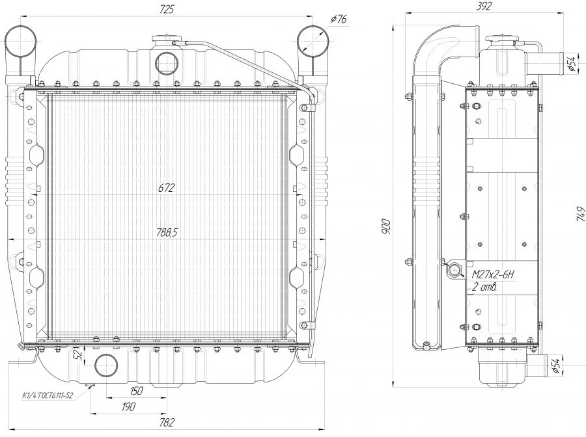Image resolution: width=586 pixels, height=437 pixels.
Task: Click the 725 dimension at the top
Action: (x=166, y=9)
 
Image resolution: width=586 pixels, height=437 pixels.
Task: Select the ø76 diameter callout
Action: (x=339, y=19)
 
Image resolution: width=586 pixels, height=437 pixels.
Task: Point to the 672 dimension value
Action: (x=166, y=188)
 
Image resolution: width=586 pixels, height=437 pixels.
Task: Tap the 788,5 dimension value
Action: (x=167, y=233)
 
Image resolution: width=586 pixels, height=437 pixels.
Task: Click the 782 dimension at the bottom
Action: (x=167, y=423)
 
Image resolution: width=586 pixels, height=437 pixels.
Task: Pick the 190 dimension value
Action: (x=128, y=406)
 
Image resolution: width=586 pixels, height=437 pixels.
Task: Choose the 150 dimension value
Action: (x=136, y=391)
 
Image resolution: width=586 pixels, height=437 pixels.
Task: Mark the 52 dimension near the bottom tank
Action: (x=79, y=354)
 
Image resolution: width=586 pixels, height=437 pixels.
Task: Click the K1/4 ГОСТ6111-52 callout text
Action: (x=48, y=395)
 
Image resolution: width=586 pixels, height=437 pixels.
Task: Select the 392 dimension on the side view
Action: (x=484, y=7)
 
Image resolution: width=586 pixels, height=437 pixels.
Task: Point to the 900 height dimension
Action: (x=386, y=226)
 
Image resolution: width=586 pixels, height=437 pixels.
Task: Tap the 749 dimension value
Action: (x=580, y=214)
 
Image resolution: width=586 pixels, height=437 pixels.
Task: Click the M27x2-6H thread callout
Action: (x=493, y=275)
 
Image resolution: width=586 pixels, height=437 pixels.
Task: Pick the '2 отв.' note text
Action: (x=484, y=287)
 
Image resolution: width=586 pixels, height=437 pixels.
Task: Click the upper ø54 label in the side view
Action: (x=570, y=64)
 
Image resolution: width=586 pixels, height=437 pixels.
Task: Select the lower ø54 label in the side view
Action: (x=556, y=365)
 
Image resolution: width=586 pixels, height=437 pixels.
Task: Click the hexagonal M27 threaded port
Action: (x=454, y=269)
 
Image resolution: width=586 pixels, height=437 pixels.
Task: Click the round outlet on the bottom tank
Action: (x=106, y=365)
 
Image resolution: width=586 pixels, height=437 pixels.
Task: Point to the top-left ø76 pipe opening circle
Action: (x=21, y=41)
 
